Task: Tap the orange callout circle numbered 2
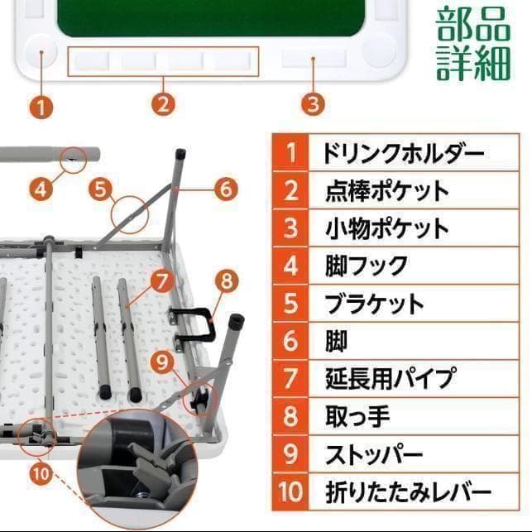(163, 104)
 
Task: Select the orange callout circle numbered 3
(312, 104)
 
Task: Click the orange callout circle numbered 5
(101, 189)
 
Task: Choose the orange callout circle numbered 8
(228, 280)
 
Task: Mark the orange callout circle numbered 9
(162, 360)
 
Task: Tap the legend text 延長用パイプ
(389, 378)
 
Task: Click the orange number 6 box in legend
(290, 341)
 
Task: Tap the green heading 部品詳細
(473, 43)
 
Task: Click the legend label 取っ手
(357, 416)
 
